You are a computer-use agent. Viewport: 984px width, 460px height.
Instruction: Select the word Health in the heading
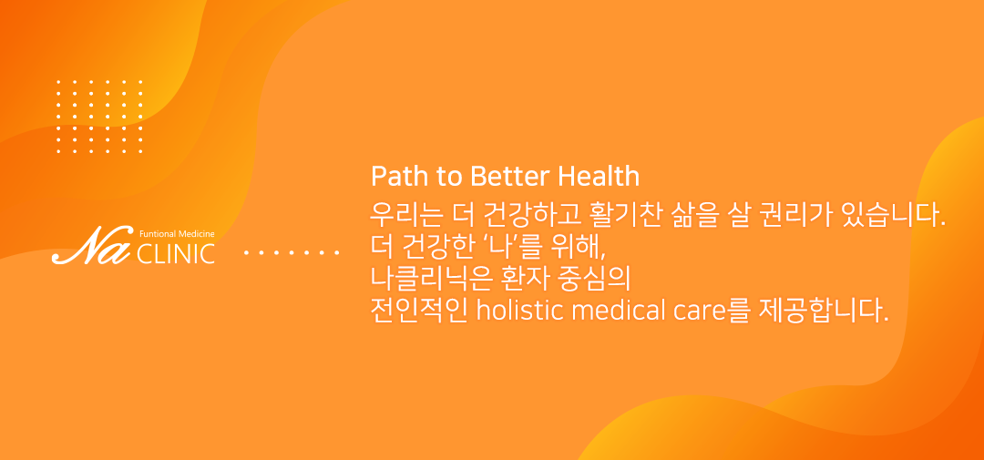point(599,177)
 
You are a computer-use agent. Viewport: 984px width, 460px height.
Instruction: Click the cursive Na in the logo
point(92,245)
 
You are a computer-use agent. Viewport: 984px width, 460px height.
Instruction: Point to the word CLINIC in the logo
point(176,253)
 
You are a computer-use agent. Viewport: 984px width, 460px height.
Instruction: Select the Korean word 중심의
point(594,280)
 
